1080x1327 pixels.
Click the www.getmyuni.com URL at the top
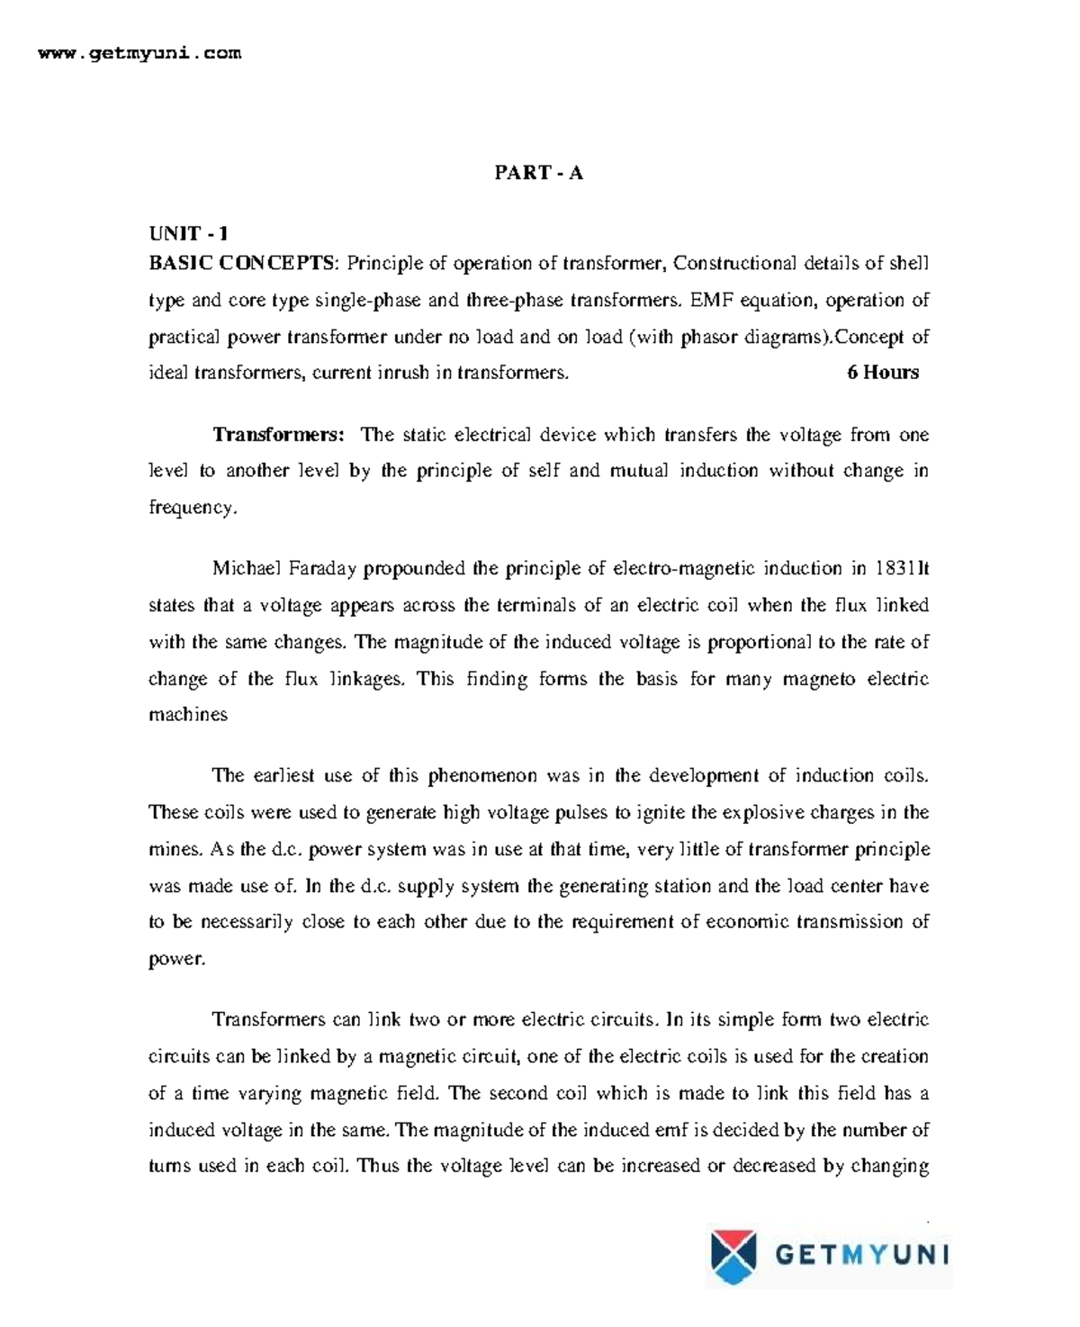[x=139, y=53]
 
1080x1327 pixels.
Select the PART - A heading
[x=538, y=173]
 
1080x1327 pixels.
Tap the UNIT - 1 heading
[x=188, y=234]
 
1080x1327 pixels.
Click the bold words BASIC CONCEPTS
[x=240, y=264]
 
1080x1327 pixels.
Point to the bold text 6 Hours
[x=883, y=373]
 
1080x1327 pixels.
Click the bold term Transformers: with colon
[x=278, y=436]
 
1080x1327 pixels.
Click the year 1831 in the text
[x=893, y=569]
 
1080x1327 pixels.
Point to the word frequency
[x=191, y=508]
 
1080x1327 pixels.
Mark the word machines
[x=187, y=715]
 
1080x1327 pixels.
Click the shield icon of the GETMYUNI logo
[x=734, y=1255]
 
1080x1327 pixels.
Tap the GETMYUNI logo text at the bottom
[x=860, y=1255]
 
